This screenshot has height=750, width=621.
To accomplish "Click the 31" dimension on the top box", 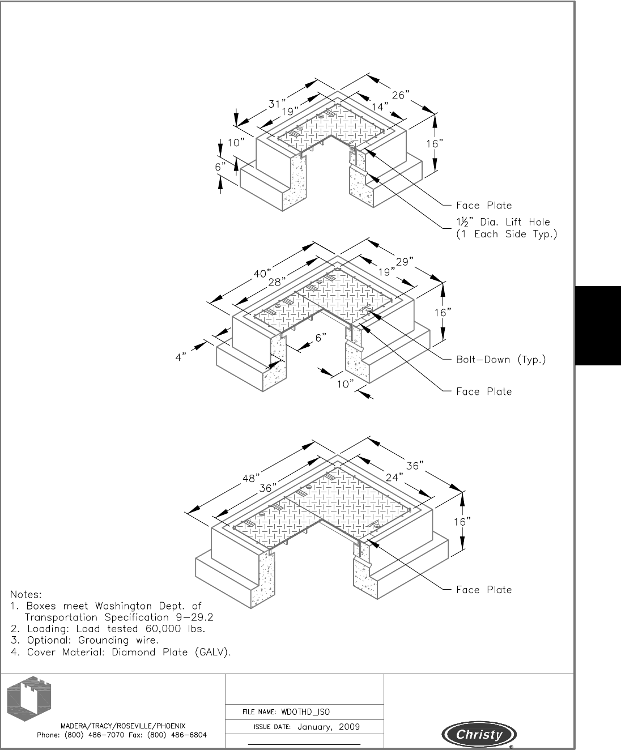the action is coord(278,104).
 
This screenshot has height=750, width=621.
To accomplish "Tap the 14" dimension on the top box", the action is coord(380,106).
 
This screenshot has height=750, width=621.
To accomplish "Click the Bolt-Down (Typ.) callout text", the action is coord(501,359).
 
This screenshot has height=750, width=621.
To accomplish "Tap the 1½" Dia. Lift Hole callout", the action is coord(507,228).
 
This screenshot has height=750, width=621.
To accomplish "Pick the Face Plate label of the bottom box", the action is coord(484,590).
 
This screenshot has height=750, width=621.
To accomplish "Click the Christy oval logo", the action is coord(479,735).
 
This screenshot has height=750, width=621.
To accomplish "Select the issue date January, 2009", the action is coord(329,727).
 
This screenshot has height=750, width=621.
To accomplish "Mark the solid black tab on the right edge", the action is coord(598,326).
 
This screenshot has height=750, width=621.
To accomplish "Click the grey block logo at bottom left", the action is coord(29,697).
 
